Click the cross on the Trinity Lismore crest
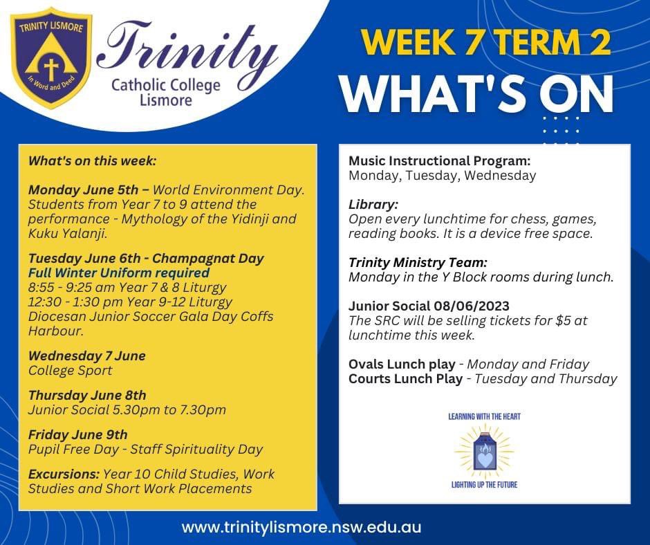(x=50, y=68)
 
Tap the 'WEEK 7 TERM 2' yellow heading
(x=485, y=43)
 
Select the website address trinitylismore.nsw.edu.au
(x=301, y=526)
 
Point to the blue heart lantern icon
(x=483, y=454)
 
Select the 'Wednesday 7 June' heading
(x=87, y=355)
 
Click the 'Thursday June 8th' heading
(x=87, y=395)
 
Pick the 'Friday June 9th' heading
(x=78, y=434)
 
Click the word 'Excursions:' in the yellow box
(x=63, y=474)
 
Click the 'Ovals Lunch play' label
(x=402, y=364)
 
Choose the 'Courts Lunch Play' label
(x=405, y=378)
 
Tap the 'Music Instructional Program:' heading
(x=440, y=160)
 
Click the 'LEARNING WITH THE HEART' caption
(x=483, y=416)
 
